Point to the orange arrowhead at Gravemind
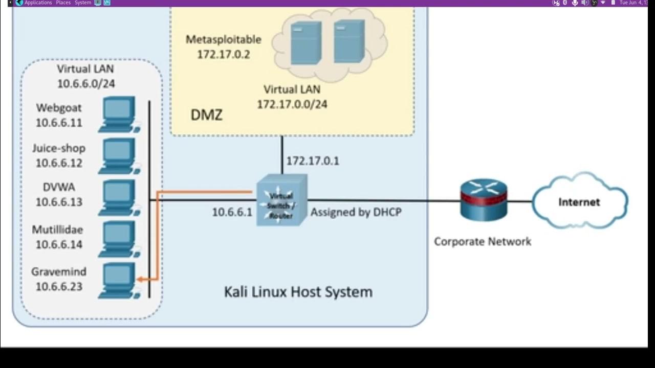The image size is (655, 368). click(x=140, y=280)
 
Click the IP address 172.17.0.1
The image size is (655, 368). click(x=312, y=161)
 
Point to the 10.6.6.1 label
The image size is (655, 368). click(x=232, y=212)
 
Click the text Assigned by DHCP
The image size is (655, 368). click(x=356, y=212)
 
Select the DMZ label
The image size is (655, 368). click(x=206, y=115)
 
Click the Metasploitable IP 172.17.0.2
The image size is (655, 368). click(x=223, y=54)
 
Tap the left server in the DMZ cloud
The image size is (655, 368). click(x=305, y=43)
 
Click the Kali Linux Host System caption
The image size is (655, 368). click(x=298, y=292)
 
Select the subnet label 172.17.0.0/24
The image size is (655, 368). click(x=292, y=104)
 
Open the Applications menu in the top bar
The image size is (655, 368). click(x=38, y=3)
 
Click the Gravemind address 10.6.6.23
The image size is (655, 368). click(x=59, y=287)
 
